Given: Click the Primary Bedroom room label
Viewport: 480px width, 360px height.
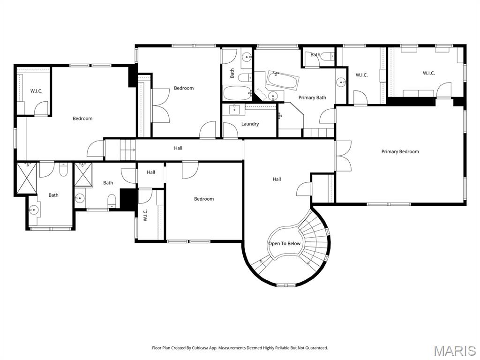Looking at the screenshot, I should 400,151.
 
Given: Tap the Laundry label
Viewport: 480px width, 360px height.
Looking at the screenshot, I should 250,124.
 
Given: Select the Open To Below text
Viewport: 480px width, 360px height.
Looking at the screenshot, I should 284,244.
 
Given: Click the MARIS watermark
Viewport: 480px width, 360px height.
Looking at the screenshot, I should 454,350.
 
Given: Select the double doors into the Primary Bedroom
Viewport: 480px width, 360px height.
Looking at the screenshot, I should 343,156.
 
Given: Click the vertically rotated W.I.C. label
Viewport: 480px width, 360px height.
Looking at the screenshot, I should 145,215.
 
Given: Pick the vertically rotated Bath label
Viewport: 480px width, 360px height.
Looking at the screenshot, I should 232,73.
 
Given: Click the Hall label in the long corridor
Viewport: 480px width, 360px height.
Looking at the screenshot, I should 178,148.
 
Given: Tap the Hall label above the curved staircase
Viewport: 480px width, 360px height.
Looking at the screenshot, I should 277,179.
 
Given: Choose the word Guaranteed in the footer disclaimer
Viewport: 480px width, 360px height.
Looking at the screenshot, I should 315,348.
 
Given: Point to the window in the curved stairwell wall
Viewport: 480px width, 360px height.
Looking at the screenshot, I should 286,285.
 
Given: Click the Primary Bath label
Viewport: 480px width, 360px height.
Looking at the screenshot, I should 312,97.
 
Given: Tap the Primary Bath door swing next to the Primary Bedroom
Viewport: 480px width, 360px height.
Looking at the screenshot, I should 328,116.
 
